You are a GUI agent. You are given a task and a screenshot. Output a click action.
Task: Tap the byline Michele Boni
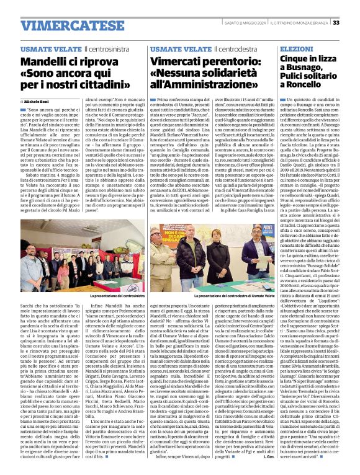(38, 100)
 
